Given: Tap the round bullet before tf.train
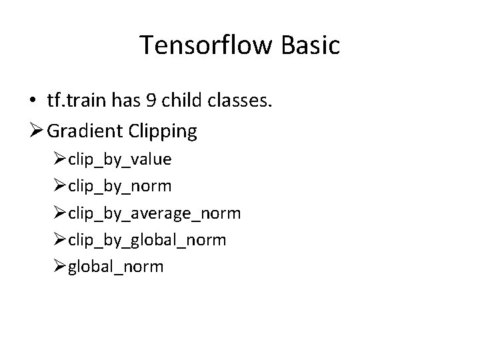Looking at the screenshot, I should click(33, 101).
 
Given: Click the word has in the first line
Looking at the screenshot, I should click(131, 101).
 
